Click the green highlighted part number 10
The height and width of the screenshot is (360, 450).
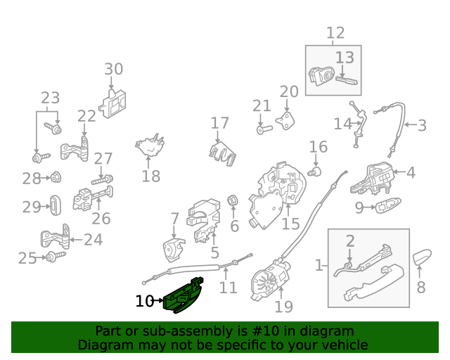pyautogui.click(x=183, y=296)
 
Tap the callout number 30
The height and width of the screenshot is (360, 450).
pyautogui.click(x=114, y=69)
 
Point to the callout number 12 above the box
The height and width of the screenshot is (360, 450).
pyautogui.click(x=335, y=33)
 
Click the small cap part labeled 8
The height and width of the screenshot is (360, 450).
pyautogui.click(x=422, y=257)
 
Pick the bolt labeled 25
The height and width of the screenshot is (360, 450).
pyautogui.click(x=56, y=257)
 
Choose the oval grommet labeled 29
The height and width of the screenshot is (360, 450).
pyautogui.click(x=56, y=205)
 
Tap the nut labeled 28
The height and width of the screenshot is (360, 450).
pyautogui.click(x=56, y=177)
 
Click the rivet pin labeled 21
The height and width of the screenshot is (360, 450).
pyautogui.click(x=264, y=129)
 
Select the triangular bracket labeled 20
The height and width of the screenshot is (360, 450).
pyautogui.click(x=286, y=121)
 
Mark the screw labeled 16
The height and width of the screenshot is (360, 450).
pyautogui.click(x=314, y=172)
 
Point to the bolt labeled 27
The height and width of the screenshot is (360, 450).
pyautogui.click(x=102, y=180)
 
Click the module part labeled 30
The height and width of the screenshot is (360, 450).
pyautogui.click(x=112, y=103)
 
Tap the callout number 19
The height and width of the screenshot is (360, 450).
pyautogui.click(x=284, y=307)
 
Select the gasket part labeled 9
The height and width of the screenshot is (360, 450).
pyautogui.click(x=388, y=205)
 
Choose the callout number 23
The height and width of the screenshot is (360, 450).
pyautogui.click(x=51, y=98)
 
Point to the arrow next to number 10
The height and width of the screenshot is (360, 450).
pyautogui.click(x=158, y=300)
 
